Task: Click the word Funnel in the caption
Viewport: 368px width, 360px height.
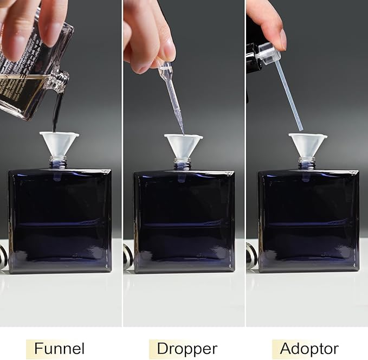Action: pyautogui.click(x=59, y=348)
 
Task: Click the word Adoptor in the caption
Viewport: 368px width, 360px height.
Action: pyautogui.click(x=309, y=348)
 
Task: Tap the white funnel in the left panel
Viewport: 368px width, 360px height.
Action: pyautogui.click(x=59, y=143)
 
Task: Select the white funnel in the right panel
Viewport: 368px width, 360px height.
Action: pyautogui.click(x=307, y=144)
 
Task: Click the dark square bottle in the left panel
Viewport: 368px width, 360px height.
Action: pyautogui.click(x=60, y=220)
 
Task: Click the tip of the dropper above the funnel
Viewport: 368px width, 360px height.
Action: pyautogui.click(x=182, y=132)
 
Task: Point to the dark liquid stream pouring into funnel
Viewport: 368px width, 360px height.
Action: pyautogui.click(x=56, y=111)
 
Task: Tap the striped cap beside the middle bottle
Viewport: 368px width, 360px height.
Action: pyautogui.click(x=128, y=256)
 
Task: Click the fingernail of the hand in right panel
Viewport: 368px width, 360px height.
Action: pyautogui.click(x=283, y=40)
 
